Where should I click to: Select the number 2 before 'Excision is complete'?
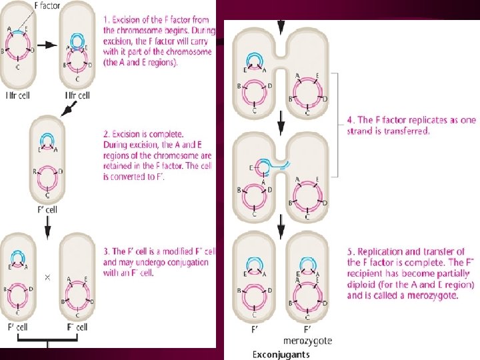[x=105, y=133]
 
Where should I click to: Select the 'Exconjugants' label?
[x=281, y=354]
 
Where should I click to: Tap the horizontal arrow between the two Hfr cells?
[x=47, y=45]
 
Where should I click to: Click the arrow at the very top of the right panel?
[x=281, y=25]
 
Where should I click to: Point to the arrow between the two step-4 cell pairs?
[x=281, y=123]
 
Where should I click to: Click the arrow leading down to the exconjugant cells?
[x=281, y=230]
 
